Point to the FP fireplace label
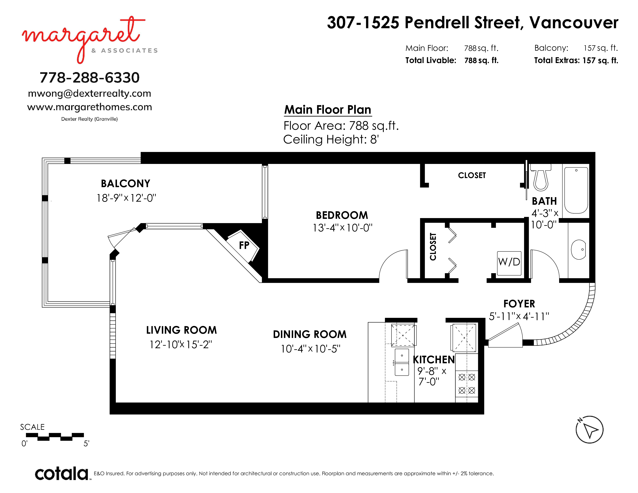pos(244,245)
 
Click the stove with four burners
pos(467,384)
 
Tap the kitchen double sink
pos(402,362)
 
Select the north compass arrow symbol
pos(589,430)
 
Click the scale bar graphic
pos(55,437)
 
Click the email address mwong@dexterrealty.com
pos(90,93)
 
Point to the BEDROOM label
pos(342,215)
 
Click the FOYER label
pos(519,304)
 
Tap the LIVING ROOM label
pos(181,330)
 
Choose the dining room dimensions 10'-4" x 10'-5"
pos(310,349)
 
